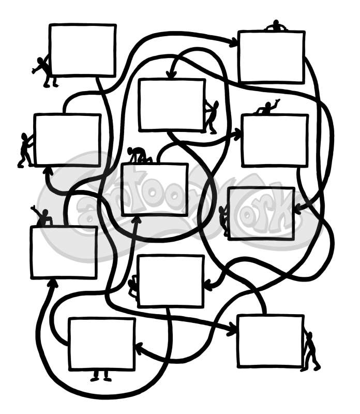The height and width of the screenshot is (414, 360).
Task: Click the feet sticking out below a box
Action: pyautogui.click(x=101, y=376)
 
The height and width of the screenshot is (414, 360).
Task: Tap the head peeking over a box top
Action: pyautogui.click(x=276, y=25)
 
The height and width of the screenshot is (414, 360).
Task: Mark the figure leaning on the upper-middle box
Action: pyautogui.click(x=211, y=116)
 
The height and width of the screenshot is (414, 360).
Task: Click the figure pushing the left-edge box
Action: pyautogui.click(x=25, y=150)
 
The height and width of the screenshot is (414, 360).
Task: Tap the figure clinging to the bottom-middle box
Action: pyautogui.click(x=134, y=287)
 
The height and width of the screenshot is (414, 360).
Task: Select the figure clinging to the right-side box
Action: pyautogui.click(x=223, y=220)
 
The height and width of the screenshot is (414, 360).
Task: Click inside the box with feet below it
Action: pyautogui.click(x=101, y=344)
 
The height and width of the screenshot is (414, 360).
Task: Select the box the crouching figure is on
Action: pyautogui.click(x=154, y=189)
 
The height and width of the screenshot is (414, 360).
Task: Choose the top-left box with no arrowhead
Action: pyautogui.click(x=83, y=50)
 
